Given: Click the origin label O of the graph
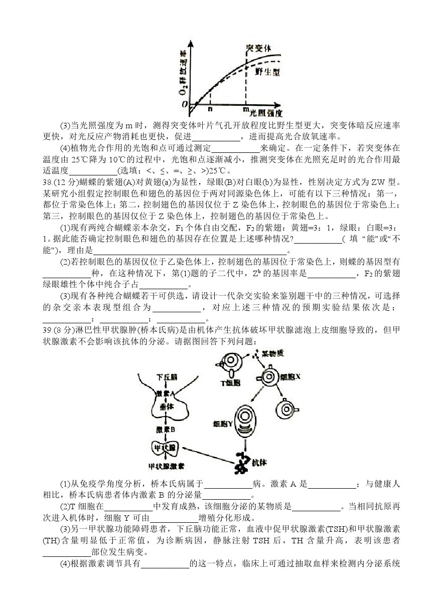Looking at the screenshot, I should (185, 103).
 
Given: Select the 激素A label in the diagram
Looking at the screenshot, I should (166, 393).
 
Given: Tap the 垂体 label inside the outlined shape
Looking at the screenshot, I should (166, 407).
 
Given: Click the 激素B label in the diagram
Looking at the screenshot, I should (166, 430).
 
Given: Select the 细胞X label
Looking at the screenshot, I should (290, 375).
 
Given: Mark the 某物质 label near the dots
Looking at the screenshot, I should (272, 353).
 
